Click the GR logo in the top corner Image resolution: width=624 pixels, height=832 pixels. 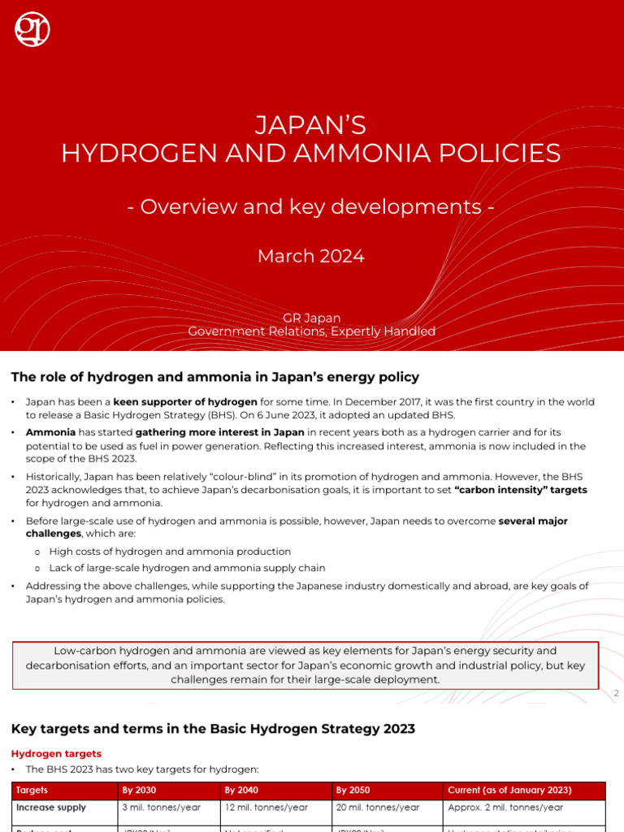[32, 29]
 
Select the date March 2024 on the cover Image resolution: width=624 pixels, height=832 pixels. [311, 256]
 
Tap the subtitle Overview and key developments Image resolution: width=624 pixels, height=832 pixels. [311, 206]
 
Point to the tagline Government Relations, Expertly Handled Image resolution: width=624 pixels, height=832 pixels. [311, 331]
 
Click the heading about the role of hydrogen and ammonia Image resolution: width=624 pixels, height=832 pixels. [214, 376]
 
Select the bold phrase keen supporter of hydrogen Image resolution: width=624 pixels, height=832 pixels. [185, 402]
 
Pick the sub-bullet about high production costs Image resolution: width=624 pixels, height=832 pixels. [170, 552]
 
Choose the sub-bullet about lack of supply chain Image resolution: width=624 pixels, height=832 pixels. [187, 568]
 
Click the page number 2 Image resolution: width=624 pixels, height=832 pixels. [617, 693]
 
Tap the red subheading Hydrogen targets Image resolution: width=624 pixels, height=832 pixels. [56, 753]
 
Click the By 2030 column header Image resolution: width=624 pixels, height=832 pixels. [139, 790]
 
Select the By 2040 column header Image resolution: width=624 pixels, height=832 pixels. [242, 790]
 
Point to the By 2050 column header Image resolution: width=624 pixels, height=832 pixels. [353, 790]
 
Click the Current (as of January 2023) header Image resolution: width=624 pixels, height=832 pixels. [509, 790]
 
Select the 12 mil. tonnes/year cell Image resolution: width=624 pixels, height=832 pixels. [266, 808]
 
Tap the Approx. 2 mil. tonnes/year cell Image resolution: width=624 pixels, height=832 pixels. [505, 808]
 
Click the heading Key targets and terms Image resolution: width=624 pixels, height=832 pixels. [213, 729]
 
